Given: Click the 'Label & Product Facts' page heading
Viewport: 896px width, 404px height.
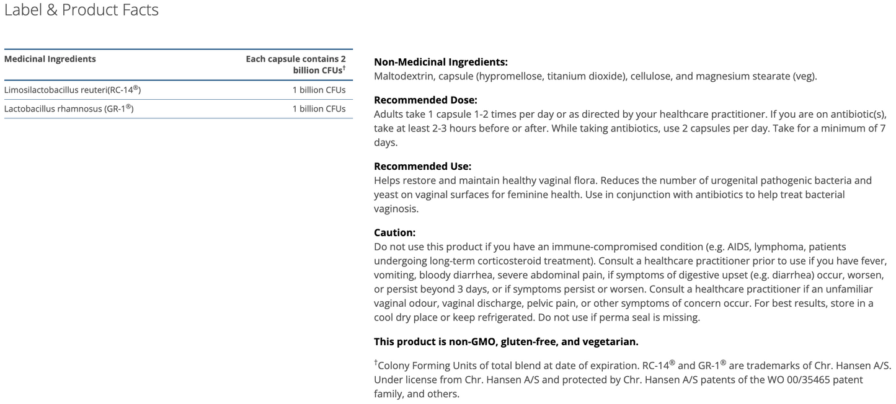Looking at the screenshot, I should tap(81, 11).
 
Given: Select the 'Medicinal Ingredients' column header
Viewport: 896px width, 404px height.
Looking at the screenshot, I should tap(50, 59).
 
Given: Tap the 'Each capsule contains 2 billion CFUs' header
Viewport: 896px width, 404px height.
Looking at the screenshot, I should tap(296, 64).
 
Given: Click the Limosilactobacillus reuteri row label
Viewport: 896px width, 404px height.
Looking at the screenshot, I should tap(73, 90).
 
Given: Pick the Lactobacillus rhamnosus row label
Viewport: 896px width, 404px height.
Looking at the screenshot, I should tap(69, 108).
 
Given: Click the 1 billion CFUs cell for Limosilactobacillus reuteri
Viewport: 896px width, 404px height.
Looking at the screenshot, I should tap(319, 90).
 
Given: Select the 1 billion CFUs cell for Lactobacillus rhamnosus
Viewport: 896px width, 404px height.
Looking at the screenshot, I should tap(319, 108).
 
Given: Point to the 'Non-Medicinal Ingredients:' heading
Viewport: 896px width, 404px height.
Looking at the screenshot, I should tap(441, 62).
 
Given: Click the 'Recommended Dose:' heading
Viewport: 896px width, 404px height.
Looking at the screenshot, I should tap(425, 100).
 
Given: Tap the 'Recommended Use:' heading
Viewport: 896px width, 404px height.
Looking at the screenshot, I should tap(423, 166).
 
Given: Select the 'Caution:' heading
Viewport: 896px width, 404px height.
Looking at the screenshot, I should tap(394, 232).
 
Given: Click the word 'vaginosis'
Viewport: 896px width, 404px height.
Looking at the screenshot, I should tap(395, 208).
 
